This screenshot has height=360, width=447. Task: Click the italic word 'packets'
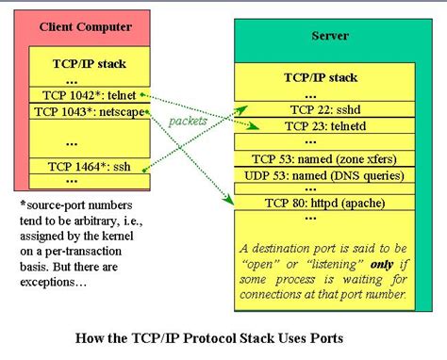click(189, 122)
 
